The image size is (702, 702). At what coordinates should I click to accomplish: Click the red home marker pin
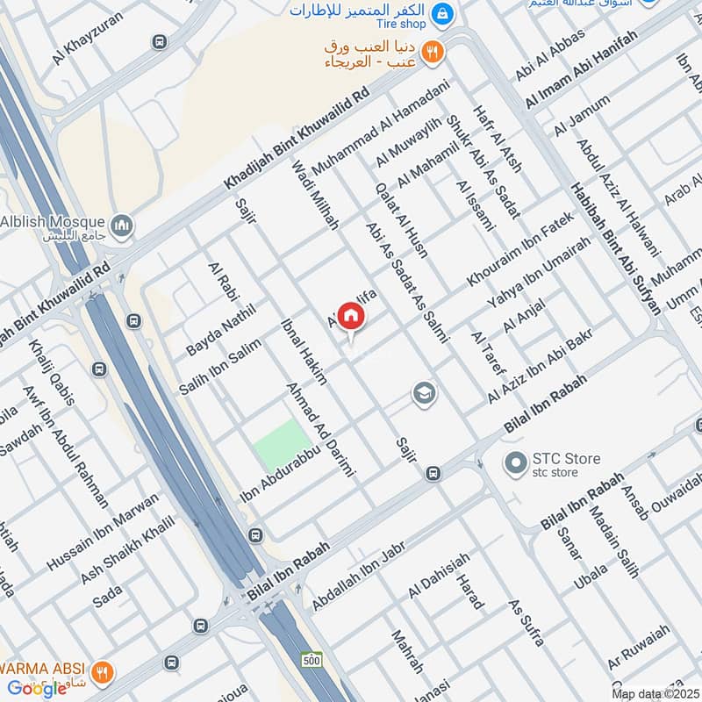(x=350, y=317)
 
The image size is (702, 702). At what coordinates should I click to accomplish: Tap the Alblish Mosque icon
(x=123, y=226)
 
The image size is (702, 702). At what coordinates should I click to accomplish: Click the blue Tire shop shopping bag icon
(x=445, y=13)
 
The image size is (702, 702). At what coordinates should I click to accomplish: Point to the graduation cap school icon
(x=424, y=395)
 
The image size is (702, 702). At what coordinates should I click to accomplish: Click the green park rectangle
(x=283, y=444)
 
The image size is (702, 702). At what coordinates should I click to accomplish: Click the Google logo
(x=37, y=688)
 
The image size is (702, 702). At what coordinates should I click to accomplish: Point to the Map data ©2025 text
(x=654, y=693)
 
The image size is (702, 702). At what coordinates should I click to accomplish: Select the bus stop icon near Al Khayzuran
(x=159, y=41)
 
